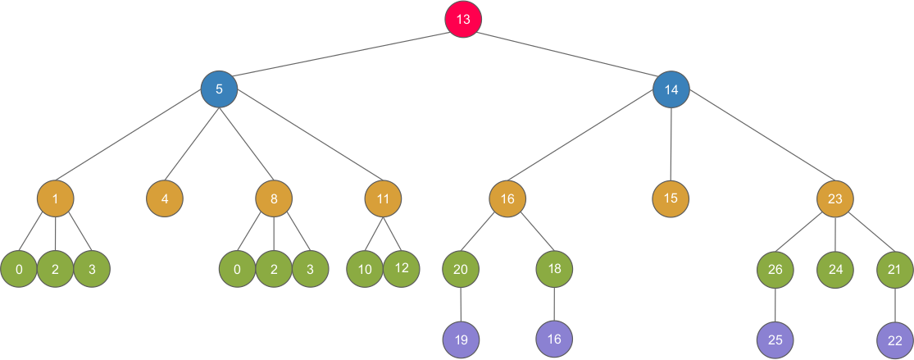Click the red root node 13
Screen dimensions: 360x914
tap(463, 20)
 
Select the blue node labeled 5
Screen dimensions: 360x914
tap(219, 89)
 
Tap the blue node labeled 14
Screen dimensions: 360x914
tap(671, 89)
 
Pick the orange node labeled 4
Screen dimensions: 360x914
tap(165, 198)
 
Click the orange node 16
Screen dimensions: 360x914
tap(507, 198)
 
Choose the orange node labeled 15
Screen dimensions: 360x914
tap(671, 198)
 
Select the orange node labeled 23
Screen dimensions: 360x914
tap(834, 198)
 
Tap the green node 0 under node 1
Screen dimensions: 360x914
tap(18, 269)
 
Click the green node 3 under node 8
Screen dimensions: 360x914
tap(310, 269)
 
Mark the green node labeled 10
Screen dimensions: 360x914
tap(365, 269)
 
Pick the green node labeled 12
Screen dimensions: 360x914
tap(402, 268)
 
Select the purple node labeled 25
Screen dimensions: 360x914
tap(775, 338)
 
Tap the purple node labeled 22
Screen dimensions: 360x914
tap(895, 339)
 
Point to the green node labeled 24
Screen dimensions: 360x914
tap(834, 268)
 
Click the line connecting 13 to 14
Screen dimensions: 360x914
tap(567, 54)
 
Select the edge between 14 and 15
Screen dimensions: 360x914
tap(671, 144)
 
